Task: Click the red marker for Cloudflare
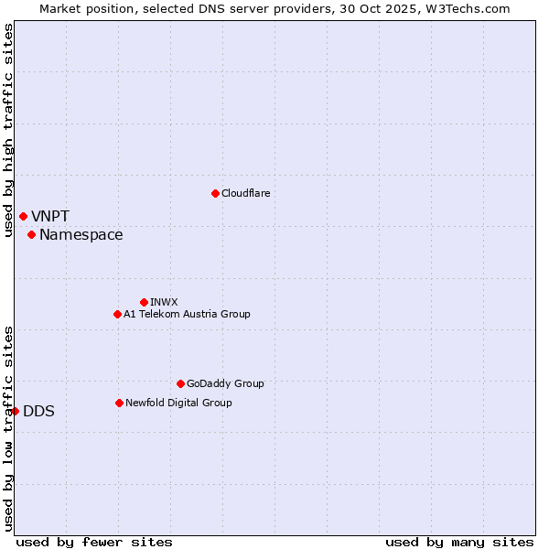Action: [x=215, y=193]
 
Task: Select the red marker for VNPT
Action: [x=23, y=216]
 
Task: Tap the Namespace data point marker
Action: [x=31, y=235]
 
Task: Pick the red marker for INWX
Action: [x=144, y=302]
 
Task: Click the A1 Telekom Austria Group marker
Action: [x=117, y=314]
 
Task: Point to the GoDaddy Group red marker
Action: [x=180, y=383]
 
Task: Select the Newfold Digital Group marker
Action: [x=119, y=403]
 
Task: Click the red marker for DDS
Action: [x=16, y=411]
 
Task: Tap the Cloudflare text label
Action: [x=245, y=193]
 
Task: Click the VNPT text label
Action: [x=50, y=217]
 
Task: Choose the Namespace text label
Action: [x=81, y=235]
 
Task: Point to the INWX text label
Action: [x=164, y=302]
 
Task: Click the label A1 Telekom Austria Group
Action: [x=187, y=314]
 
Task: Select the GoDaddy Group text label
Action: [x=225, y=383]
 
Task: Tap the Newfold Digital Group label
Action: [x=178, y=403]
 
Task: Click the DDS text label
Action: [x=38, y=412]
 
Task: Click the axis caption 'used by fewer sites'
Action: [x=94, y=542]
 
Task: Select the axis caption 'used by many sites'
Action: [x=459, y=542]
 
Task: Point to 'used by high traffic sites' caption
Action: [x=8, y=130]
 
